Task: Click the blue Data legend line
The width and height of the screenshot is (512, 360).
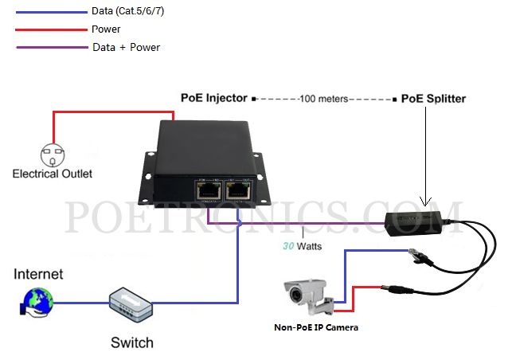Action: click(48, 13)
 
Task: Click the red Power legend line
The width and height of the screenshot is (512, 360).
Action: click(48, 29)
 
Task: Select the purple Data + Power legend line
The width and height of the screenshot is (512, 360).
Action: click(48, 47)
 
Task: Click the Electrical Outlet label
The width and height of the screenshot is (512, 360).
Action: click(53, 174)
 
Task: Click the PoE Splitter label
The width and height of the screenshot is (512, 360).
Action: click(433, 100)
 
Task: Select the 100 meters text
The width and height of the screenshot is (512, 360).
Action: click(324, 100)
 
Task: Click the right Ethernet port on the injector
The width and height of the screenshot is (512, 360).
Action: click(239, 190)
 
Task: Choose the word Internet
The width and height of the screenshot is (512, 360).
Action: click(38, 275)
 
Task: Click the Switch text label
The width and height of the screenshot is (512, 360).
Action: click(131, 343)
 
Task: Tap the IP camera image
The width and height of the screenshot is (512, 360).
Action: click(309, 295)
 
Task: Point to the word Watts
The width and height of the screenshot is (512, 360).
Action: click(309, 246)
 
